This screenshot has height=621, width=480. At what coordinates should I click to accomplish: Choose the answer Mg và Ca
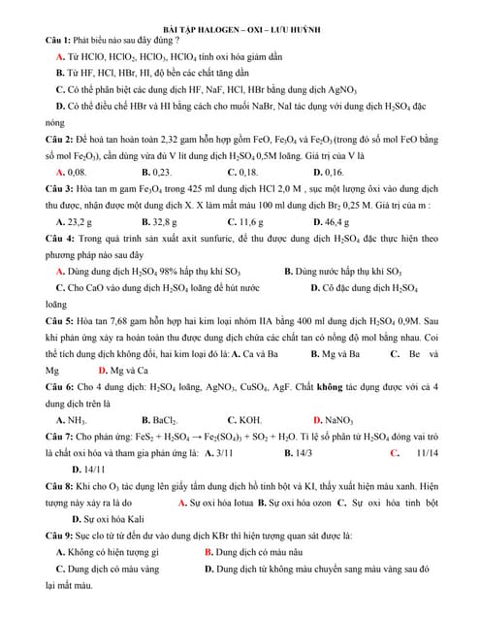[x=122, y=369]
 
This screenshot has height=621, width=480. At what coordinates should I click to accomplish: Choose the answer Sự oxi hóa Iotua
[x=219, y=503]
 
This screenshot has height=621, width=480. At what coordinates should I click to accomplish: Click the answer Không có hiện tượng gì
[x=113, y=552]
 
